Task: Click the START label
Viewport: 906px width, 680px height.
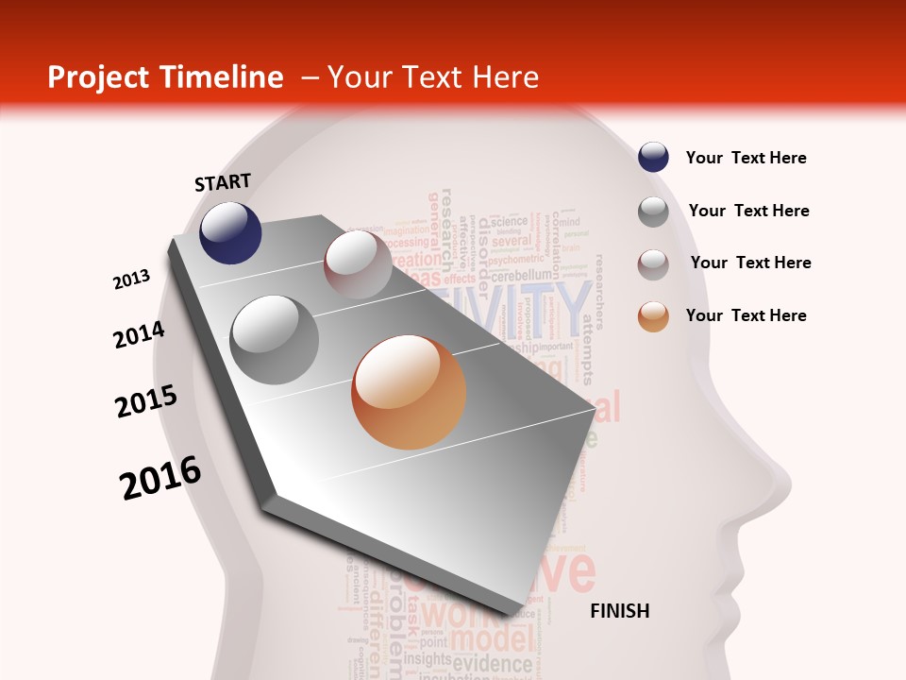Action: [x=223, y=182]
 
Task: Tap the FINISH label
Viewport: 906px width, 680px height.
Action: [x=620, y=611]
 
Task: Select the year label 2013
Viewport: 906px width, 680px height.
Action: [x=132, y=280]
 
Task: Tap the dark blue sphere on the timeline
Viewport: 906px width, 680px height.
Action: [x=230, y=232]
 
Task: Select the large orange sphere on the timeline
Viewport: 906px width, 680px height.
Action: [x=409, y=392]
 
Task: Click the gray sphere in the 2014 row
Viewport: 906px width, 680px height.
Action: [x=275, y=340]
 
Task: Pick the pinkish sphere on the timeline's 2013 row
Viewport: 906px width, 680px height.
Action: [x=358, y=264]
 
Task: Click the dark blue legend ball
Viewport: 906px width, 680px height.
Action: [x=653, y=158]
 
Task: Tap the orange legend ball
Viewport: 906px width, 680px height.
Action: [x=653, y=316]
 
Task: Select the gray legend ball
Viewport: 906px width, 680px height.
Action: [x=653, y=212]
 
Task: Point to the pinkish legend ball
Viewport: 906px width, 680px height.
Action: [x=653, y=263]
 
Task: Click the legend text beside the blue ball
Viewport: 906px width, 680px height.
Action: [x=746, y=159]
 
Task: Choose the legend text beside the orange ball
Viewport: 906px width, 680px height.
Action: [x=746, y=315]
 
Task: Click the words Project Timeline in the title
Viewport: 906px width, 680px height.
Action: [x=165, y=77]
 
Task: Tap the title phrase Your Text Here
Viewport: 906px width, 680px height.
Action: [x=432, y=77]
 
